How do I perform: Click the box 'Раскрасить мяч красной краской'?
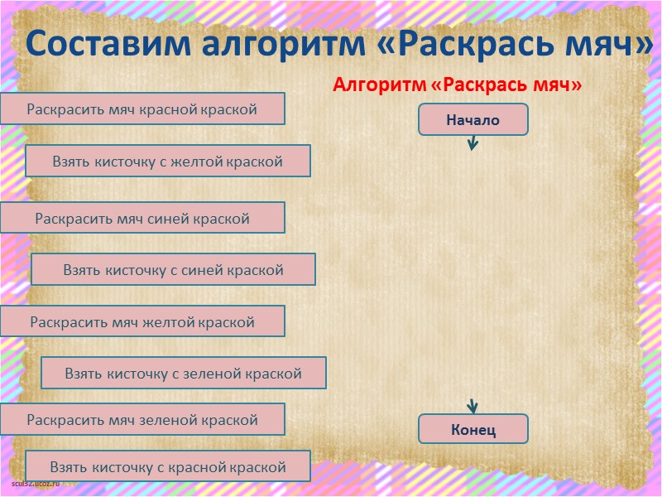coord(142,109)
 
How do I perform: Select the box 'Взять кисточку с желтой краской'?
coord(167,162)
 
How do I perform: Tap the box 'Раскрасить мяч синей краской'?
coord(142,218)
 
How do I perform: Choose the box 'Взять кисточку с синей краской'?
coord(173,269)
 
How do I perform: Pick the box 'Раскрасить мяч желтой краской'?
coord(142,321)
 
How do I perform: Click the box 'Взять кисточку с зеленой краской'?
coord(183,374)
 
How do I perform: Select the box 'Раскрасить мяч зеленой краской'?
coord(142,419)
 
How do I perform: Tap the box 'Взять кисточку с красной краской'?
coord(167,466)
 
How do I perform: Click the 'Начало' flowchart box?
coord(473,119)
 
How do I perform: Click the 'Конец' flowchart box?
coord(473,429)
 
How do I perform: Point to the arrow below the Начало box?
coord(473,143)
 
